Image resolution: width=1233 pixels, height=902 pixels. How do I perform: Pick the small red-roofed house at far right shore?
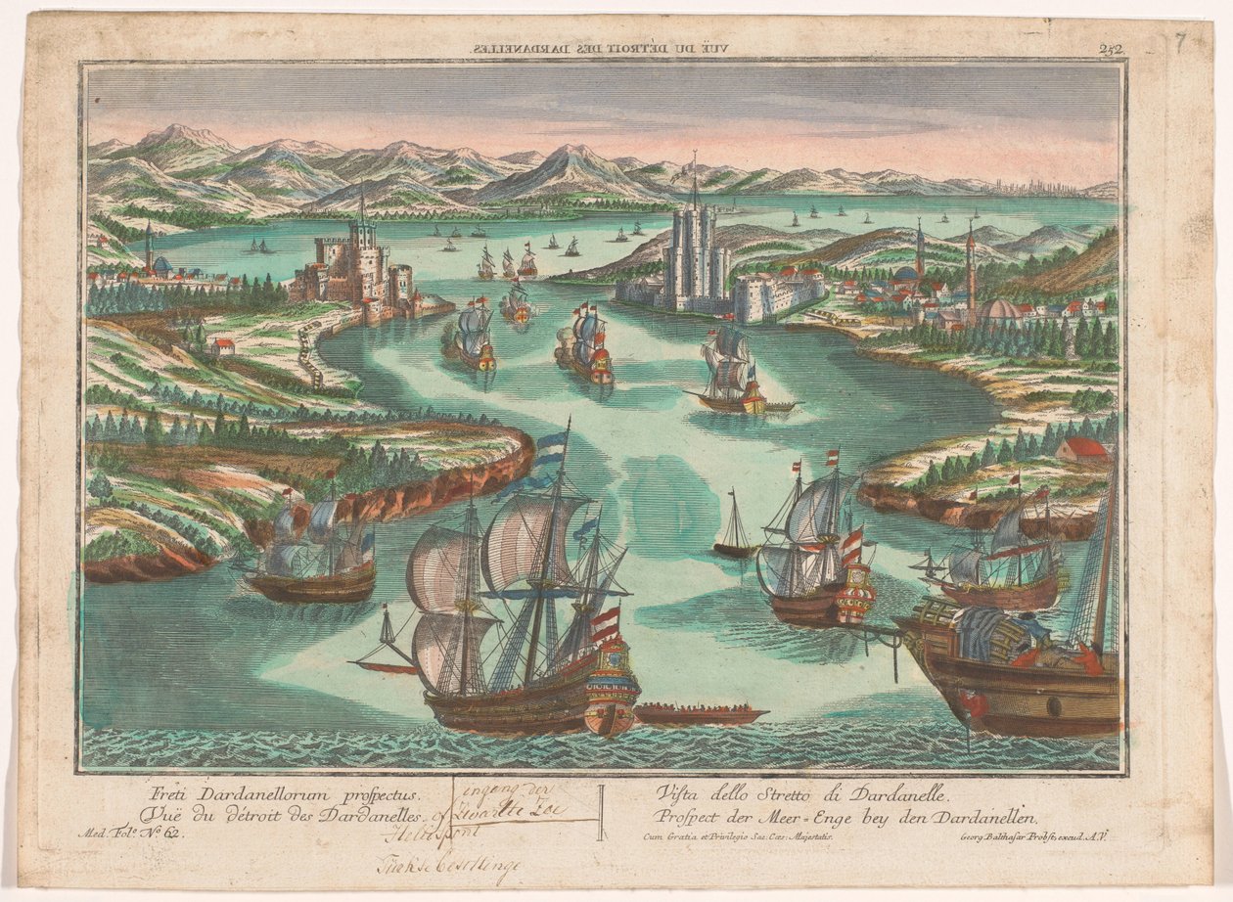1082,450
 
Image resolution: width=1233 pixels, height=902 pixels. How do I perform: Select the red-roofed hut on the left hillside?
222,346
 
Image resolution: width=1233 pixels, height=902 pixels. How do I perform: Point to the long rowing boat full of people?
700,714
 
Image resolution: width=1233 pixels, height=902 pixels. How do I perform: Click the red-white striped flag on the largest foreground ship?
606,623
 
